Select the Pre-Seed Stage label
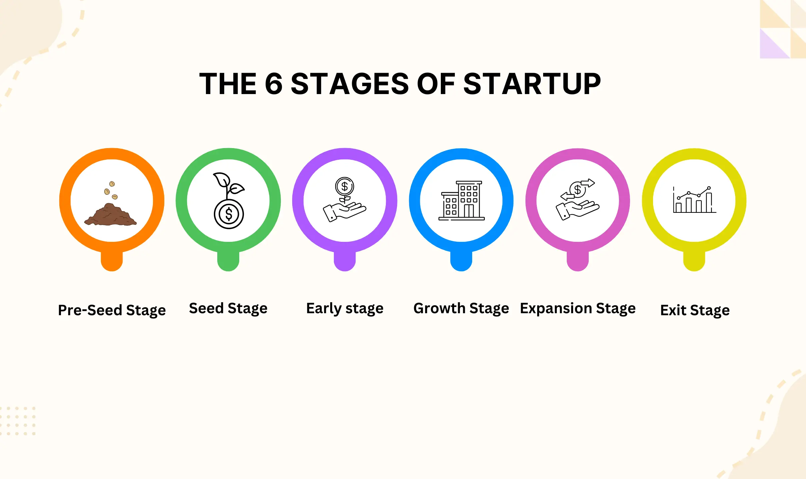click(x=112, y=310)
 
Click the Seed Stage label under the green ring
click(x=228, y=308)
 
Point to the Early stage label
click(x=345, y=308)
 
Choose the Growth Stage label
click(x=461, y=308)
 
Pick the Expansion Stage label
click(x=578, y=308)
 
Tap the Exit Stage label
click(x=695, y=310)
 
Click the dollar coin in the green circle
click(x=229, y=214)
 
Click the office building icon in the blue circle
click(x=461, y=201)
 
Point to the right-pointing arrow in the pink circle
click(x=587, y=183)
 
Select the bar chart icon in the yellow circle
click(x=694, y=201)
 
